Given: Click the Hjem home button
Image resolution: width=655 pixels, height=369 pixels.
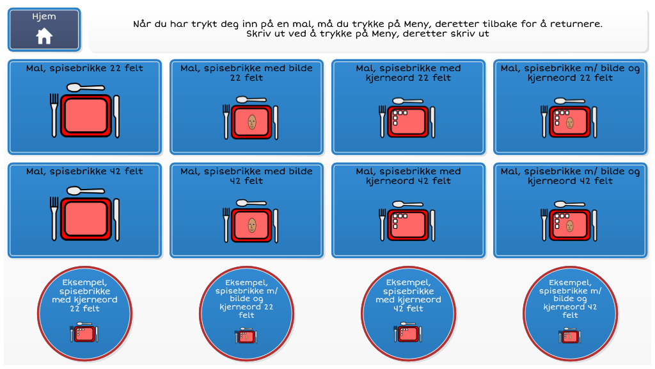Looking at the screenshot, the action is point(44,29).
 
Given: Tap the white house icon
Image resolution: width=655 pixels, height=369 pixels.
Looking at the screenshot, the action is point(44,37).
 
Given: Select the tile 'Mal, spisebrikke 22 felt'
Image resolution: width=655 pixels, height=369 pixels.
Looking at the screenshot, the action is point(85,107).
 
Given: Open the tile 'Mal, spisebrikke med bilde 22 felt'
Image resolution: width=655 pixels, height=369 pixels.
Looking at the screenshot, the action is point(246,107).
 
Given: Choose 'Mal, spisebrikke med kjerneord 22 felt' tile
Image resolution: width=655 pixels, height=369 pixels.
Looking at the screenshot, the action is point(409,107).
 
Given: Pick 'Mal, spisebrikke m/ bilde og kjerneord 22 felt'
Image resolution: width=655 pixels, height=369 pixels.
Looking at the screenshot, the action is point(570,107).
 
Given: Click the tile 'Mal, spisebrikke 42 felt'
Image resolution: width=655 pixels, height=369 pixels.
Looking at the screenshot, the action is point(85,210).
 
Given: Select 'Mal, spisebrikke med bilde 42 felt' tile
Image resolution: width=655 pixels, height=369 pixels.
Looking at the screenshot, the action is point(246,210).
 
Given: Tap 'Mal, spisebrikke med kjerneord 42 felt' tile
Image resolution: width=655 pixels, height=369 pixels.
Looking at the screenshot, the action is point(409,210).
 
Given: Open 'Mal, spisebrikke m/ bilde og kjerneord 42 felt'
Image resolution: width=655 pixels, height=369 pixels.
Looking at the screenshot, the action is point(570,210).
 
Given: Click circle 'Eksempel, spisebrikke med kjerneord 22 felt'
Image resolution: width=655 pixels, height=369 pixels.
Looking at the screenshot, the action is point(85,313).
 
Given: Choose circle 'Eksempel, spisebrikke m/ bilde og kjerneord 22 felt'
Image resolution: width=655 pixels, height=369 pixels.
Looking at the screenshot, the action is point(246,313).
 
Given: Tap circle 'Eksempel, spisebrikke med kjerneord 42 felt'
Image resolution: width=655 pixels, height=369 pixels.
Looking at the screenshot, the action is point(409,313).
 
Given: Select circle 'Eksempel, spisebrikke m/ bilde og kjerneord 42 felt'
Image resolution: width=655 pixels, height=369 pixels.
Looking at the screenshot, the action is point(570,313).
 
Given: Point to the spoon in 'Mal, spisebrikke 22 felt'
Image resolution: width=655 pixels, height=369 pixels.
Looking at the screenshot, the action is point(86,87).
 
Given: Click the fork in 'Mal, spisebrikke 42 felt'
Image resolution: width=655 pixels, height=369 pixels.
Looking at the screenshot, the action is point(54,219).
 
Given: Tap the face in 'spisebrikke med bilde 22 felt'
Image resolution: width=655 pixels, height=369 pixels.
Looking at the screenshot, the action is point(252,122).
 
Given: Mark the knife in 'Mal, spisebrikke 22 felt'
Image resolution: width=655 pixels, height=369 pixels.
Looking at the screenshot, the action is point(116,117).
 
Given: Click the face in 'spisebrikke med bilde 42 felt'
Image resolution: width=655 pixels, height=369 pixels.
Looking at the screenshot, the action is point(252,225).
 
